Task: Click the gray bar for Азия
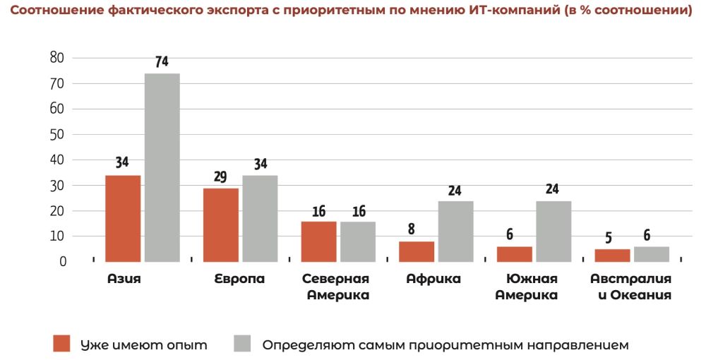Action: (x=162, y=167)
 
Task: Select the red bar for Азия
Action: (x=123, y=218)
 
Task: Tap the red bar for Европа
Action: (x=221, y=224)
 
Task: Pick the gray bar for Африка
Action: (x=455, y=231)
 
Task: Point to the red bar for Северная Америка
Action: (x=318, y=241)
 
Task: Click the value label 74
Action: (x=162, y=62)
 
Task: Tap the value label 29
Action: (x=220, y=177)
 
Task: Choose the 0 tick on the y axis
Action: (x=63, y=261)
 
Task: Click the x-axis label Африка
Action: (x=433, y=279)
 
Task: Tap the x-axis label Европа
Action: (x=239, y=279)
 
